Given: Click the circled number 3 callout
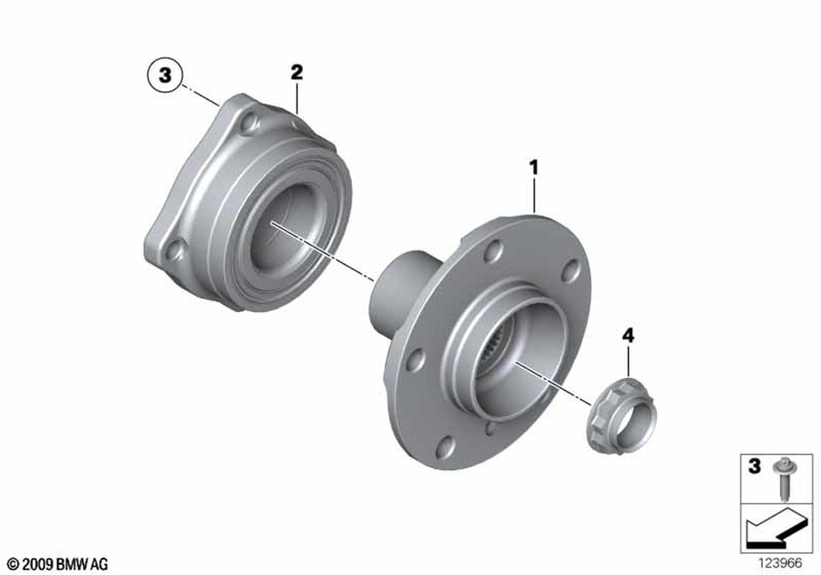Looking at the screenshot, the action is [x=165, y=75].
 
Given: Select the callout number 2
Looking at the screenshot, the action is [x=297, y=72].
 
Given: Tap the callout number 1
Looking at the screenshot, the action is [x=534, y=168].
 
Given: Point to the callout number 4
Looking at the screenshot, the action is [x=628, y=335].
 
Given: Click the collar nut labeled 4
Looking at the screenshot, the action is [x=622, y=414].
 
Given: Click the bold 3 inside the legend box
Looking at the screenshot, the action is [x=754, y=466].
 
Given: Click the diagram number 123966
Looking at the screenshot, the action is [x=780, y=563].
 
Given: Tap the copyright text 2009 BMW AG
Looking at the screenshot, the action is [x=58, y=564].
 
